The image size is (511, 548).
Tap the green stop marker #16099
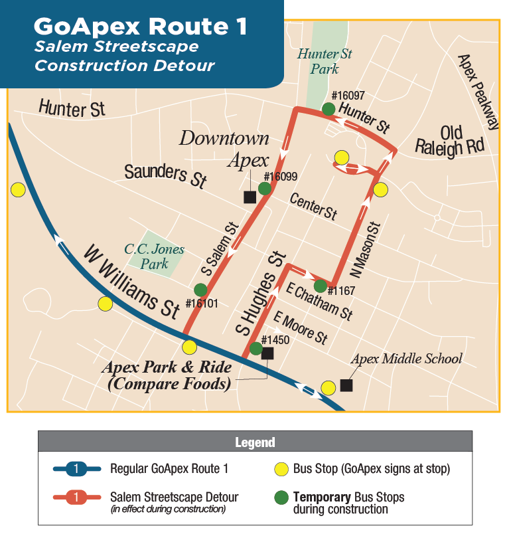(264, 189)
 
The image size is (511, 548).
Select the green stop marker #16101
(200, 290)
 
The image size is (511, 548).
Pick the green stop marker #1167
(320, 286)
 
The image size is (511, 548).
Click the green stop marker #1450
(256, 348)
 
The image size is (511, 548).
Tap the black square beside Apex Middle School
(346, 385)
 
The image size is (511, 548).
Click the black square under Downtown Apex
(250, 197)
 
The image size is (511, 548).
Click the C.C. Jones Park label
(155, 256)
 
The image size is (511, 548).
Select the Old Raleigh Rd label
(449, 140)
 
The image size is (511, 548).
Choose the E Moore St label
(301, 327)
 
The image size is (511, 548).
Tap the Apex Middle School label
(406, 359)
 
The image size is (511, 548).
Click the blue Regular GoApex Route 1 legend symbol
(76, 469)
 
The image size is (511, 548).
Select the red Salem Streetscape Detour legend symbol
(76, 497)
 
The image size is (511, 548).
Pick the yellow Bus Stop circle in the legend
(281, 469)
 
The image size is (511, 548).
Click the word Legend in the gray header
(255, 442)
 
